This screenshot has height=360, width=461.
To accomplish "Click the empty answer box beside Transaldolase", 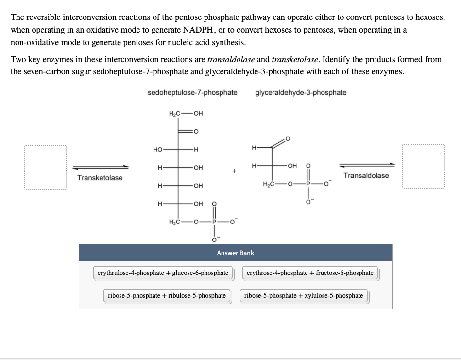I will coord(423,167).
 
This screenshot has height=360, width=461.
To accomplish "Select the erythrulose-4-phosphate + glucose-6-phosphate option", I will coord(163,273).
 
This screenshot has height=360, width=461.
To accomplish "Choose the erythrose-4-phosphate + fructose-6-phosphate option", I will coord(310,273).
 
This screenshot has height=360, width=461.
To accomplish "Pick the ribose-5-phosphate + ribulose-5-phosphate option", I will coord(167,295).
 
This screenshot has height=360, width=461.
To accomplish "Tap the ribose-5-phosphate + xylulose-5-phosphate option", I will coord(304,295).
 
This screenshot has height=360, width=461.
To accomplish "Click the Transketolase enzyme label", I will coord(100,178).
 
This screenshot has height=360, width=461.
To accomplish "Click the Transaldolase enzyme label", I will coord(366,175).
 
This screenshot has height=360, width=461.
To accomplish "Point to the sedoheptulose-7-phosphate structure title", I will coord(192,92).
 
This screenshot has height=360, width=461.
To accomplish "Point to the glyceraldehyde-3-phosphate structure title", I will coord(301,92).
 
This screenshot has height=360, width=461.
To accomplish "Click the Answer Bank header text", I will coord(235,253).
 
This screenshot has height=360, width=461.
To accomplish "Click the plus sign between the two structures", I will coord(234,171).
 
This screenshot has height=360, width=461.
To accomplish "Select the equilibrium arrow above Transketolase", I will coord(101,167).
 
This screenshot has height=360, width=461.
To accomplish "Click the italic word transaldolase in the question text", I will coord(231,60).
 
